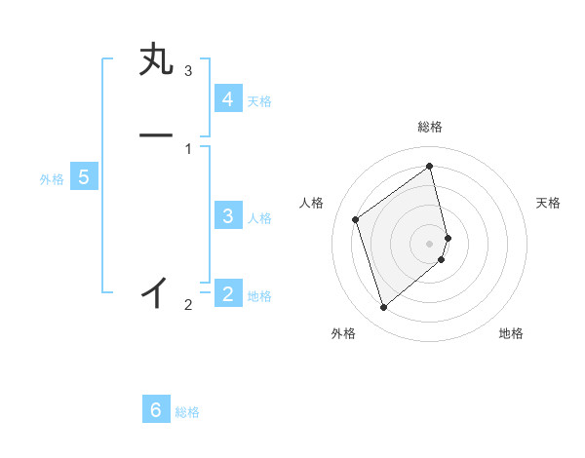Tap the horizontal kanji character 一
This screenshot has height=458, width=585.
click(x=156, y=135)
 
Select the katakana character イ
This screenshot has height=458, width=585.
click(x=156, y=291)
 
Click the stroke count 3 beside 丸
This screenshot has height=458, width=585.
click(x=188, y=71)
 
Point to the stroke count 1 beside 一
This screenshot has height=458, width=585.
click(x=188, y=148)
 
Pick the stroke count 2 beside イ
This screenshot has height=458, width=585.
click(x=188, y=305)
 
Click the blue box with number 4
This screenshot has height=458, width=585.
click(x=227, y=99)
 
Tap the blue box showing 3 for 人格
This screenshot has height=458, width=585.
click(x=227, y=216)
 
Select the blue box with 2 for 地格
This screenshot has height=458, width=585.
click(x=227, y=293)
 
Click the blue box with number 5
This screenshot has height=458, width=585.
click(x=84, y=177)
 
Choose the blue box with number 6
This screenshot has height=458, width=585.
click(x=156, y=410)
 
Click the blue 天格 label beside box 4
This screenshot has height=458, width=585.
click(x=259, y=101)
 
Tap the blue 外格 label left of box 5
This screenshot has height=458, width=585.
click(x=52, y=179)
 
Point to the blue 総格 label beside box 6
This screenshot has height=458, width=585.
click(x=187, y=412)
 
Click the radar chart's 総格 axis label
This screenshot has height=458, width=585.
click(x=430, y=127)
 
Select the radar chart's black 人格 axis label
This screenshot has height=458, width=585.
click(x=312, y=203)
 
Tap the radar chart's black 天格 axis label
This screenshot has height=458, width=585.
click(x=548, y=203)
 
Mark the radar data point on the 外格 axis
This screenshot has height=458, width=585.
click(x=383, y=308)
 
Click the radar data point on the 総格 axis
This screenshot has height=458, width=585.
click(x=430, y=166)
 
